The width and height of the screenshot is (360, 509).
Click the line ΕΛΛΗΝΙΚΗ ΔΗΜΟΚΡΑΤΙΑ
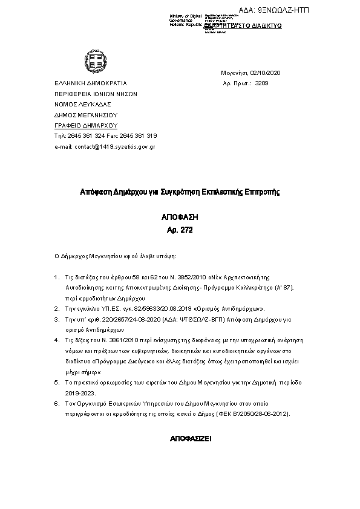[x=91, y=83]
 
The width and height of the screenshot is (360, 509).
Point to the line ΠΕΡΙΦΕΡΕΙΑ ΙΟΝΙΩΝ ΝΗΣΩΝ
[x=96, y=94]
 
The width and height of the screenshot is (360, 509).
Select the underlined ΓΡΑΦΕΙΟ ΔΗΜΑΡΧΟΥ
[x=85, y=125]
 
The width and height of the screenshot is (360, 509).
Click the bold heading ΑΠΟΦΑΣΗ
[x=179, y=216]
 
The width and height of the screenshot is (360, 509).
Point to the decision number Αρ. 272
[x=179, y=230]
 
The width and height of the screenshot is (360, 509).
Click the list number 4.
[x=56, y=342]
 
